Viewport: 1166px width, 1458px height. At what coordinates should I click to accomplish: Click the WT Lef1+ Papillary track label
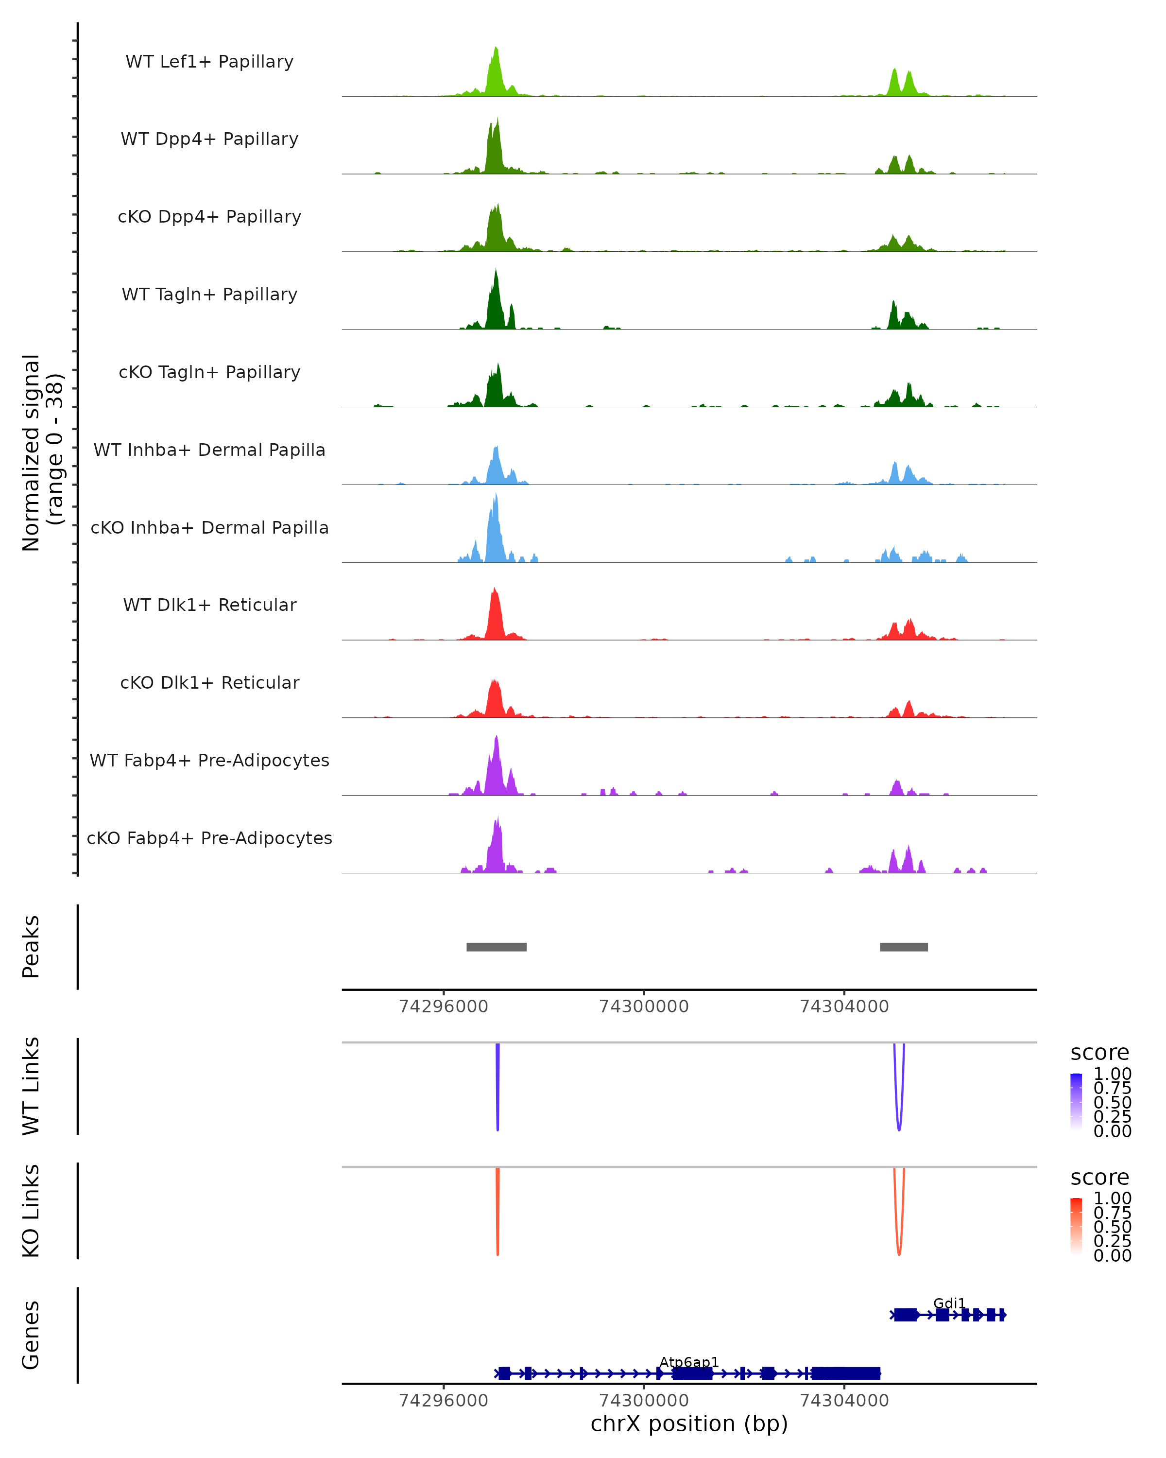pos(209,62)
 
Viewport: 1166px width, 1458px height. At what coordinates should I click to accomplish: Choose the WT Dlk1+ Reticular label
pos(209,605)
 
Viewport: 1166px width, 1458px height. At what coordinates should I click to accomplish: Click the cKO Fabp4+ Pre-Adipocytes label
pos(209,838)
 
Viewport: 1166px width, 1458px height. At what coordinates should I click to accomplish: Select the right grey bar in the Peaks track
pos(903,947)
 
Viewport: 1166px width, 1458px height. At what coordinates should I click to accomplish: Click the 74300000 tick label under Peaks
pos(644,1007)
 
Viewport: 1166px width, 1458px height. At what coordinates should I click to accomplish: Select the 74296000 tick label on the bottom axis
pos(444,1401)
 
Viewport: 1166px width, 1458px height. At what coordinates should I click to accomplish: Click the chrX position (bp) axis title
pos(689,1424)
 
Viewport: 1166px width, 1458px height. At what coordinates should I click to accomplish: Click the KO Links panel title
pos(31,1211)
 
